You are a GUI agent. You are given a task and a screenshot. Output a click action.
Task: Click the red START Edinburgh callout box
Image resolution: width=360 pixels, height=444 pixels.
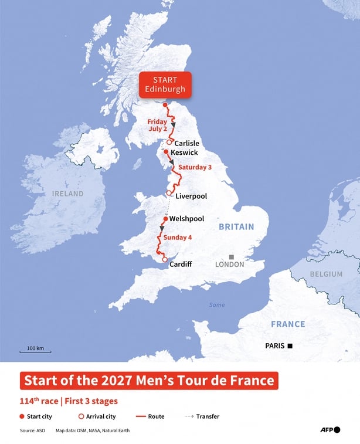(165, 84)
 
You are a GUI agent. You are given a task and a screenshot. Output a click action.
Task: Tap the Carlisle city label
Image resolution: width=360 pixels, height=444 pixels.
(187, 143)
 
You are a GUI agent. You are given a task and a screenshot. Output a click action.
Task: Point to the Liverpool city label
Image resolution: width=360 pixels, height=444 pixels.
(191, 196)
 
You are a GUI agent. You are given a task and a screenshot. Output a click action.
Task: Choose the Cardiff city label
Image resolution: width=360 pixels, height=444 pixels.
(180, 265)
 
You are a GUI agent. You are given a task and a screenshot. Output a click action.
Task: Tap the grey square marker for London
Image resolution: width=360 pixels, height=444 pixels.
(232, 257)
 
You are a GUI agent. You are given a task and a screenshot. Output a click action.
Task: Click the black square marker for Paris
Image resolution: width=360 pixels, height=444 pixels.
(290, 346)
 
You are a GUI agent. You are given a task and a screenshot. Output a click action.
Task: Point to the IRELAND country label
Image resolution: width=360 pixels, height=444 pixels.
(67, 194)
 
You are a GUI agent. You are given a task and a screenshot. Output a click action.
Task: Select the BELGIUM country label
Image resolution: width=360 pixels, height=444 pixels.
(327, 274)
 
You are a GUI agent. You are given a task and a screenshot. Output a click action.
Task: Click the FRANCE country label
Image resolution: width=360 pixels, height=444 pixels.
(288, 324)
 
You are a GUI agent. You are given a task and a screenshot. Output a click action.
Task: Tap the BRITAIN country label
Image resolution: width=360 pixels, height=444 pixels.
(236, 226)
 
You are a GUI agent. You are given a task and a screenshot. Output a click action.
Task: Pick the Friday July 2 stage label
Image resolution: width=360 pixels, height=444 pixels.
(157, 125)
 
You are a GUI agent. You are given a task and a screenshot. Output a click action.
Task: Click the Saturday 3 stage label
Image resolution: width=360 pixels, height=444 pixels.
(195, 167)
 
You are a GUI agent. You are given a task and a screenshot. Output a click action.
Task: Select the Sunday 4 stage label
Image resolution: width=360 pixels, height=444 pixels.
(177, 238)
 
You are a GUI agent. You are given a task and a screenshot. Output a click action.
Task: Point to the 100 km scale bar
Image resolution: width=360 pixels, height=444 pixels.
(35, 350)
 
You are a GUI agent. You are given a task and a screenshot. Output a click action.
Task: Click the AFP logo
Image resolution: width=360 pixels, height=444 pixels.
(330, 430)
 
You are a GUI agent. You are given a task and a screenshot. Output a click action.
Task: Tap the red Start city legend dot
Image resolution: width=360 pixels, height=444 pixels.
(22, 416)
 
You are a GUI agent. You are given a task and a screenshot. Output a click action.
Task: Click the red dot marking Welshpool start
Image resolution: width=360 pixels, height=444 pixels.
(165, 219)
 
